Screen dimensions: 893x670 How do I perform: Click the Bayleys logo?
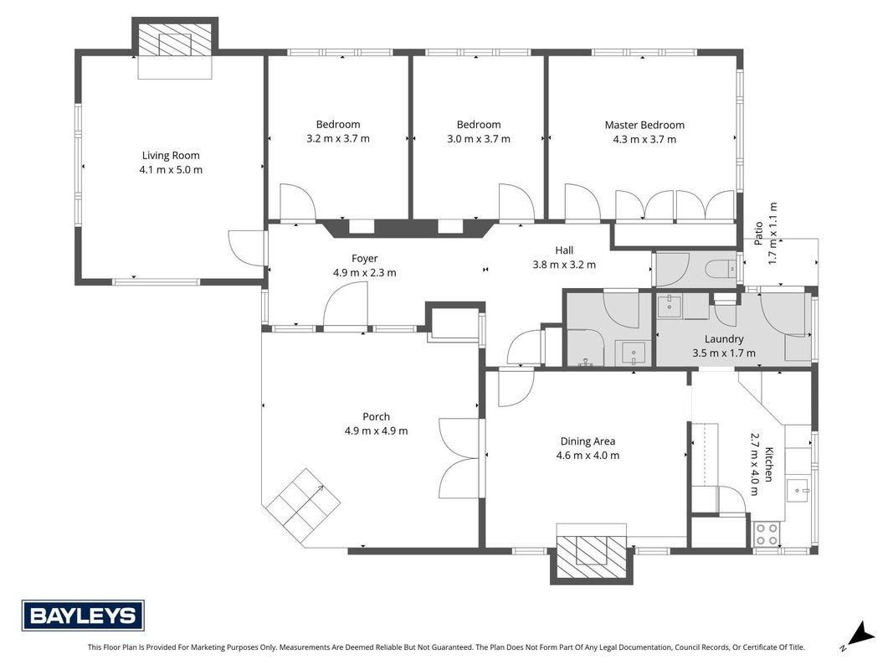click(83, 616)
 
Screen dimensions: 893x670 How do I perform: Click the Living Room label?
click(171, 156)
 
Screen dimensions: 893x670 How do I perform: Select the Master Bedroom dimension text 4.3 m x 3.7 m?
click(644, 140)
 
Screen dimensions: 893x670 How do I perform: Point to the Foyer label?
click(365, 259)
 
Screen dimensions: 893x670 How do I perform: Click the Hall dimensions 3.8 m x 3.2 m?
click(564, 265)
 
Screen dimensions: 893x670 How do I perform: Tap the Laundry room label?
click(724, 339)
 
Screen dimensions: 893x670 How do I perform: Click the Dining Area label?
click(588, 441)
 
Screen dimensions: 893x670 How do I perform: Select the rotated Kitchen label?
click(768, 464)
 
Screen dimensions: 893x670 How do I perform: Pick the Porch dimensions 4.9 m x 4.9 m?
click(376, 431)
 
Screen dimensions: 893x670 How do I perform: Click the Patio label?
click(758, 234)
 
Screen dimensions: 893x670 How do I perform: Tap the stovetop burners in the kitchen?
click(767, 534)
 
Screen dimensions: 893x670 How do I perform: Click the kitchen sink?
click(798, 489)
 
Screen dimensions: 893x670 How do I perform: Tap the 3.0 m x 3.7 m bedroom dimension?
click(479, 139)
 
